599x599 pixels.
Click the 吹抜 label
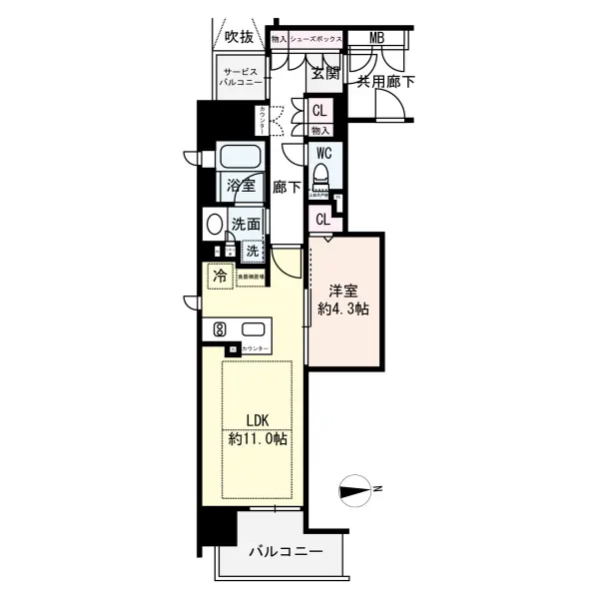click(239, 38)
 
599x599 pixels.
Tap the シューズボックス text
click(317, 39)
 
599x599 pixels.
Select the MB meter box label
click(376, 39)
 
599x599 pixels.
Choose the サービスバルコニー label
click(243, 81)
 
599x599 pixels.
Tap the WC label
click(323, 154)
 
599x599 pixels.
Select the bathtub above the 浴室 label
click(240, 159)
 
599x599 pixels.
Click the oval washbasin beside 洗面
click(214, 225)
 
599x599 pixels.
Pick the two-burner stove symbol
click(220, 329)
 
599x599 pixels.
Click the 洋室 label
click(343, 292)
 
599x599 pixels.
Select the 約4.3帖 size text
click(343, 310)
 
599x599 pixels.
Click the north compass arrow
click(354, 489)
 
